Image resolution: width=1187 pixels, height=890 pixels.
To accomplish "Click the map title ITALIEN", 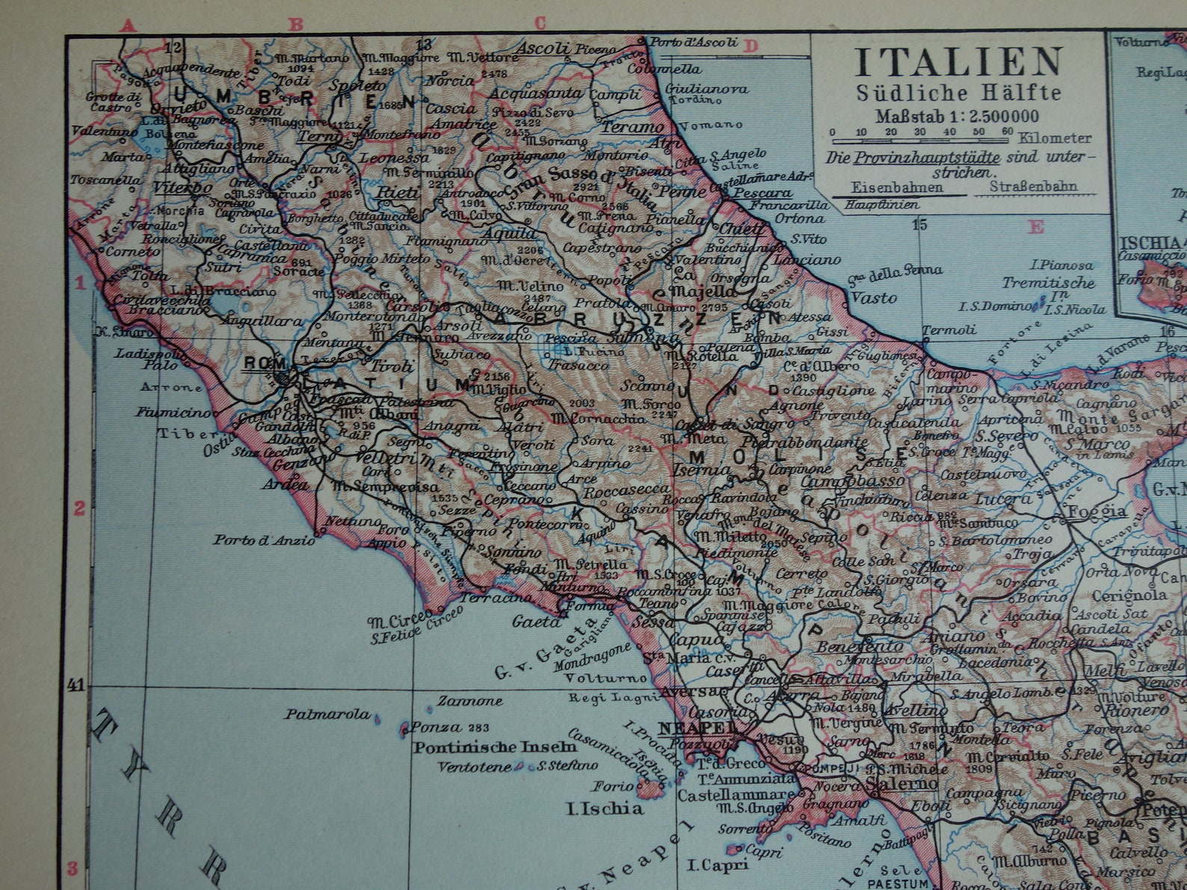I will pyautogui.click(x=958, y=63).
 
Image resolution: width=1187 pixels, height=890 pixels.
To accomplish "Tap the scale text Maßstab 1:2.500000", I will pyautogui.click(x=958, y=116).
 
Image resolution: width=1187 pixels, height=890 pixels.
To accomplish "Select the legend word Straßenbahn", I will pyautogui.click(x=1034, y=187).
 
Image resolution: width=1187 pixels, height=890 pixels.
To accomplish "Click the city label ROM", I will pyautogui.click(x=260, y=363).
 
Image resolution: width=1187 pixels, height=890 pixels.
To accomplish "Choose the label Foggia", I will pyautogui.click(x=1097, y=511).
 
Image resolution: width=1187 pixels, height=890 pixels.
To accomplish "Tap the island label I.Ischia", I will pyautogui.click(x=605, y=808).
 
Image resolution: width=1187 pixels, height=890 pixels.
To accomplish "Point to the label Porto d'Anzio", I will pyautogui.click(x=265, y=540).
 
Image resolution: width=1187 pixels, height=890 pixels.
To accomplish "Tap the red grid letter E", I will pyautogui.click(x=1036, y=227).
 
